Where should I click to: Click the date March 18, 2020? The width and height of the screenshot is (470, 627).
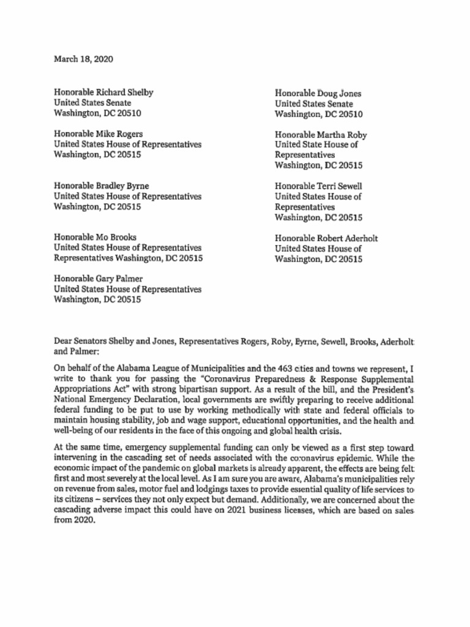[x=83, y=59]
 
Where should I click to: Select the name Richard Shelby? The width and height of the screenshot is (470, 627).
[x=125, y=92]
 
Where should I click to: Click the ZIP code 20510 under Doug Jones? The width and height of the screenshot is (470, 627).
[x=351, y=115]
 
